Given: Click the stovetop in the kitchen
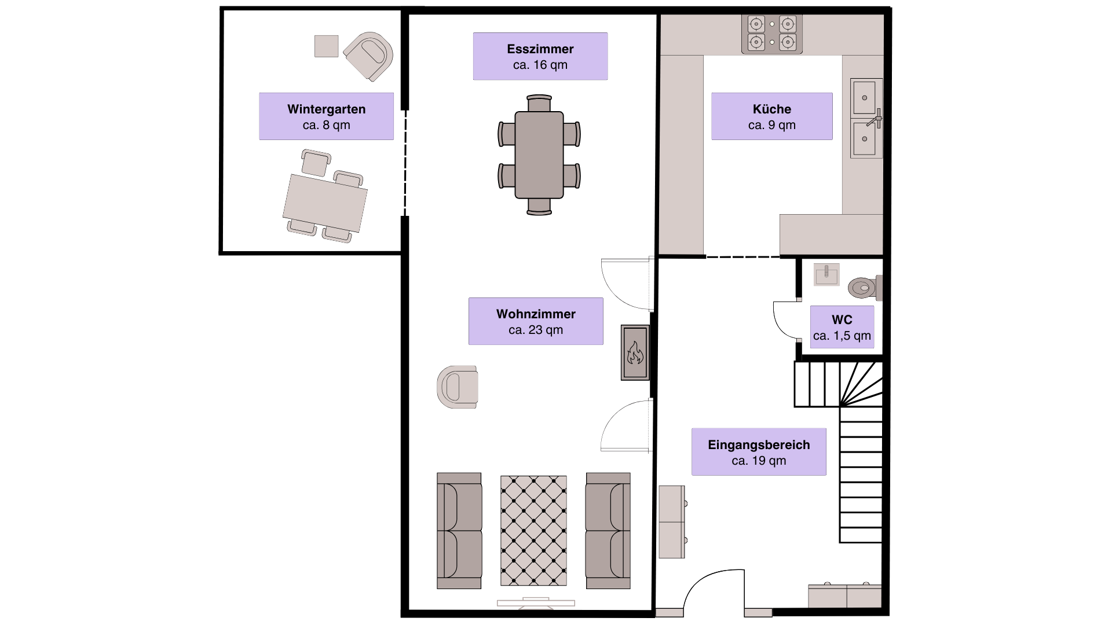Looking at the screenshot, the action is click(x=772, y=34).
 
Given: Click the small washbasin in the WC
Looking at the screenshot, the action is click(x=826, y=275).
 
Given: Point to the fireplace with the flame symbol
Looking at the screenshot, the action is click(x=635, y=352).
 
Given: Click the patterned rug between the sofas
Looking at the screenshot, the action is click(x=533, y=531).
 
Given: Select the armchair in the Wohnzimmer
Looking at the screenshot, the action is click(x=458, y=387).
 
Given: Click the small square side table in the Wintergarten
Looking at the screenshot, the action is click(x=327, y=46).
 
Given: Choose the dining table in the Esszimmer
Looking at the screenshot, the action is click(x=539, y=155).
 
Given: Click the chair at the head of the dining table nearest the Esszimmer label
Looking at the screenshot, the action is click(x=539, y=103).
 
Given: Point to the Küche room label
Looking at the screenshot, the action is click(x=772, y=116).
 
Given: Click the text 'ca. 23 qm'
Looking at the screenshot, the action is click(x=536, y=330).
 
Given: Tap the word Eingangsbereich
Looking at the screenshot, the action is click(x=759, y=444).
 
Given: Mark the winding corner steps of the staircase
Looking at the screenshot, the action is click(x=861, y=384).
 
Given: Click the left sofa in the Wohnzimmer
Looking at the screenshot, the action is click(x=459, y=531).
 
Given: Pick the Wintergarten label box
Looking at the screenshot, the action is click(x=326, y=116).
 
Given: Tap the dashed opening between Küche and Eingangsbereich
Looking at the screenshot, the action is click(x=742, y=256).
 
